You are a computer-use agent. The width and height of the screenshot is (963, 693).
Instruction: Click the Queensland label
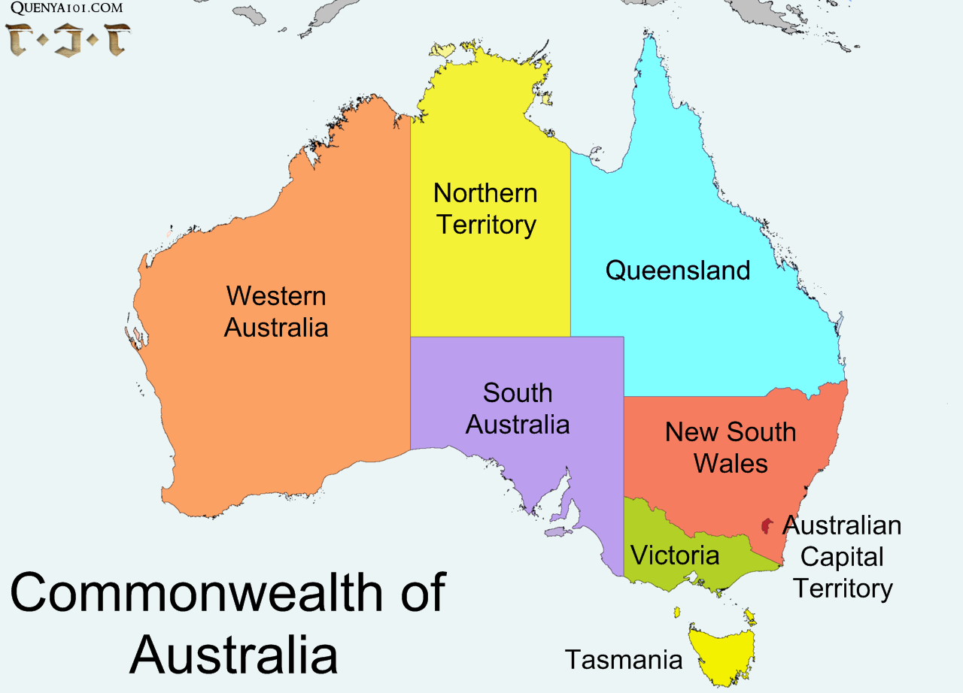pos(678,271)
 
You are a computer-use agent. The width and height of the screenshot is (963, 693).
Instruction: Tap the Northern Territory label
pos(486,209)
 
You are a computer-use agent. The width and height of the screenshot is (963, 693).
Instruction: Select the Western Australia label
pos(276,312)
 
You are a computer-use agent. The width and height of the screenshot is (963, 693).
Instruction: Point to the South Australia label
pos(518,408)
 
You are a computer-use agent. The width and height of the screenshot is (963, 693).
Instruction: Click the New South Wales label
pos(731,447)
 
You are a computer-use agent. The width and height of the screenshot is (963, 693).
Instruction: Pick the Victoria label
pos(675,555)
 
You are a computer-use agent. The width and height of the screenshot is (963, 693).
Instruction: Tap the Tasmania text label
pos(624,659)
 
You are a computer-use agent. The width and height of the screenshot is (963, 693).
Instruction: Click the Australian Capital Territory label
pos(843,557)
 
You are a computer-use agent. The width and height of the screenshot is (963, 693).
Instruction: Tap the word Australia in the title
pos(233,654)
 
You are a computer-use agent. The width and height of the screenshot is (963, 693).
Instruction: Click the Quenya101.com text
pos(67,10)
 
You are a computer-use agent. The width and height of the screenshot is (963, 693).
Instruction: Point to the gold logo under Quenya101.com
pos(68,39)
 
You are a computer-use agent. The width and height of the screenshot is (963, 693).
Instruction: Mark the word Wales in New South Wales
pos(731,463)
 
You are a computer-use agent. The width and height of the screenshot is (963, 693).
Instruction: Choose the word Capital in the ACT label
pos(842,557)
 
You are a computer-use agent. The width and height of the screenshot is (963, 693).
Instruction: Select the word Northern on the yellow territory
pos(485,193)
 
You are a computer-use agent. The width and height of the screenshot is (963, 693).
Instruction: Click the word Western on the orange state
pos(276,296)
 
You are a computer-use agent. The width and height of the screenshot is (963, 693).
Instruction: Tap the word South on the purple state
pos(518,392)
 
